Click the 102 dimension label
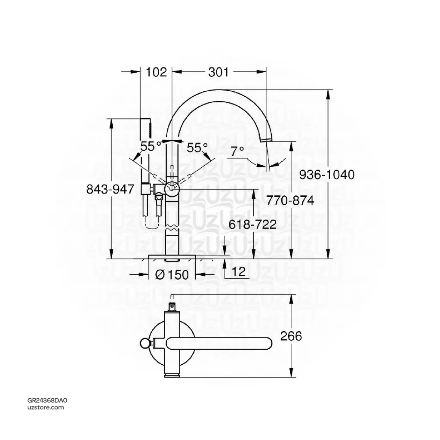pos(157,72)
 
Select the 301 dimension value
pos(218,72)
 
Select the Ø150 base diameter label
pos(171,274)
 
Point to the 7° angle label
pos(237,151)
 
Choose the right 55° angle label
pos(197,148)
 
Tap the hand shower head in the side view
pos(146,127)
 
